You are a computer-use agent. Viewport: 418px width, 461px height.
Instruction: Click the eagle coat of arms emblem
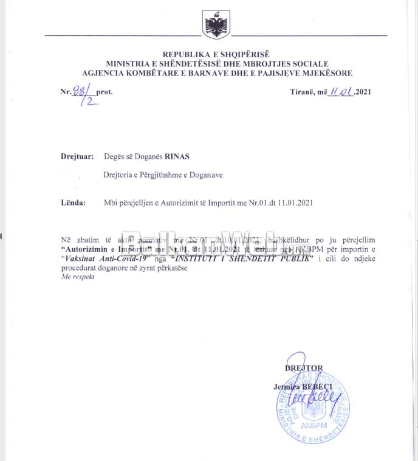tap(215, 26)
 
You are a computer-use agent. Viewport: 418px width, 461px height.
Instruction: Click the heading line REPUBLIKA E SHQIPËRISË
tap(217, 55)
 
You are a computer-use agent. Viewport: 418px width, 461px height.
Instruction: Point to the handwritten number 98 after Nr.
tap(78, 91)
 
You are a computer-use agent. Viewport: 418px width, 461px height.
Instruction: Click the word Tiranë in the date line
tap(303, 92)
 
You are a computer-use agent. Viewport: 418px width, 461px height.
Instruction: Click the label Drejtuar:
tap(77, 156)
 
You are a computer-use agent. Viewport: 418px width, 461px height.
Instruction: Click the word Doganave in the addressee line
tap(206, 175)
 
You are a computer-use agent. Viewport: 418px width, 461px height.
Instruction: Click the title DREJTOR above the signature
tap(304, 368)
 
